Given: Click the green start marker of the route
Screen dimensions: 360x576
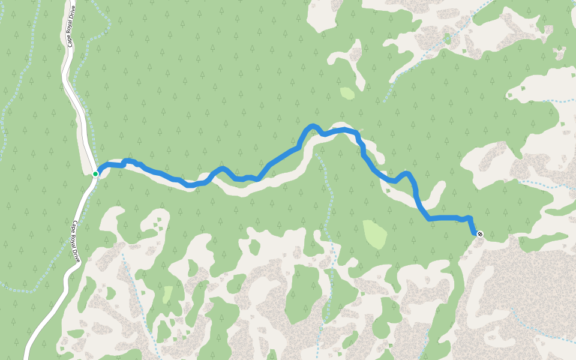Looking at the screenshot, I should [x=95, y=174].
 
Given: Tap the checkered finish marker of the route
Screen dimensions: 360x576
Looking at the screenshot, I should [x=479, y=233].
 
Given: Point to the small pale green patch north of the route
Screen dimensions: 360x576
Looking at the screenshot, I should [x=347, y=93].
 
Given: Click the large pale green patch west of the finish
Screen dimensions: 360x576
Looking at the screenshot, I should [x=375, y=235].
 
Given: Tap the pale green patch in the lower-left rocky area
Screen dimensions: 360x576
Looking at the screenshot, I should [x=167, y=294].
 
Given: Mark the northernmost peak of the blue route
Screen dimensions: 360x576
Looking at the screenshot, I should [x=312, y=126].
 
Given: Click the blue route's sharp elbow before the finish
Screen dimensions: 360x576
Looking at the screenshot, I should [x=429, y=219].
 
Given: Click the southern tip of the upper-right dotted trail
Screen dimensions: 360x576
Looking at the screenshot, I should [x=384, y=101].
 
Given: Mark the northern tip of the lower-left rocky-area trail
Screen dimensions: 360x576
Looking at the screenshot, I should [x=122, y=254].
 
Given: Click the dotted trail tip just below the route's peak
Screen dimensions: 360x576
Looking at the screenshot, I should [x=316, y=154].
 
